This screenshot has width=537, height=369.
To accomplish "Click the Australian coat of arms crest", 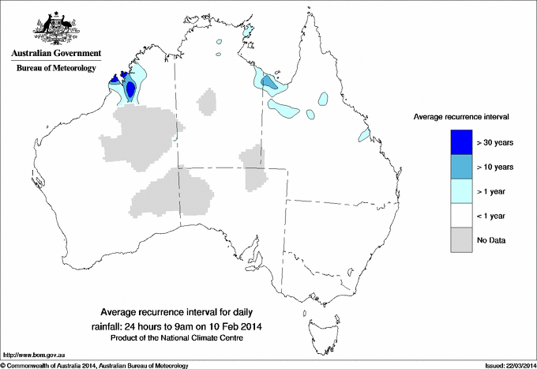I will tap(55, 28).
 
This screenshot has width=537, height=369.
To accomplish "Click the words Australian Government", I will tap(55, 55).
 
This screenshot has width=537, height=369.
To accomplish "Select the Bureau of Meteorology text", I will tap(55, 69).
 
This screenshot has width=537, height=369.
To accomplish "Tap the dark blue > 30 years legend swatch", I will tap(461, 141).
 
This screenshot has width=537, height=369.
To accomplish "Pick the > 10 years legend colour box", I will tap(461, 167).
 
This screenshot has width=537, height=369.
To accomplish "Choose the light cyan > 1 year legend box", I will tap(461, 190).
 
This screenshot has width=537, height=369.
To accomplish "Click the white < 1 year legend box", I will tap(461, 216).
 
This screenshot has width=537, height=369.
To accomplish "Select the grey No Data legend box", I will tap(461, 240).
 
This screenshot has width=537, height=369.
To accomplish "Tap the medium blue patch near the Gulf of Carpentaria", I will tap(269, 81).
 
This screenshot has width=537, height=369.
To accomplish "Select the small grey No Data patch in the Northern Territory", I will tap(208, 101).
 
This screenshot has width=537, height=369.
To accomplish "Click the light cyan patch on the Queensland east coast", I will tap(364, 136).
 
